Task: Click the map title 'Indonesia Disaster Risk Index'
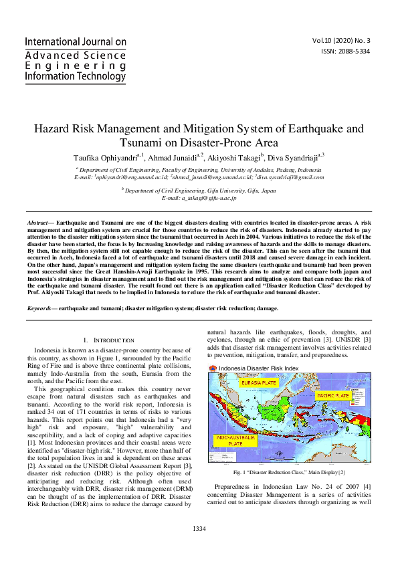point(258,368)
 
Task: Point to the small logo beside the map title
point(213,368)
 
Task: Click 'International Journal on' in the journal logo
point(76,41)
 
